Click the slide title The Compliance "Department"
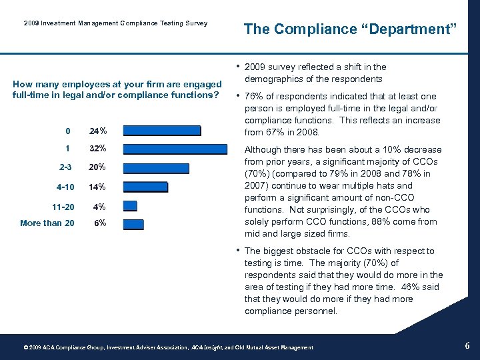350,29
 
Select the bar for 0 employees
161,131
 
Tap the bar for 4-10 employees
145,187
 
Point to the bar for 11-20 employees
130,206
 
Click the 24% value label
99,131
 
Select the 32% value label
99,149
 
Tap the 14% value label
99,187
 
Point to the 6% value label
100,223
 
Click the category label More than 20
47,223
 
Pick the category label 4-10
66,187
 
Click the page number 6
467,345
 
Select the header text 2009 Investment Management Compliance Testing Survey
115,23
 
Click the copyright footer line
168,347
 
